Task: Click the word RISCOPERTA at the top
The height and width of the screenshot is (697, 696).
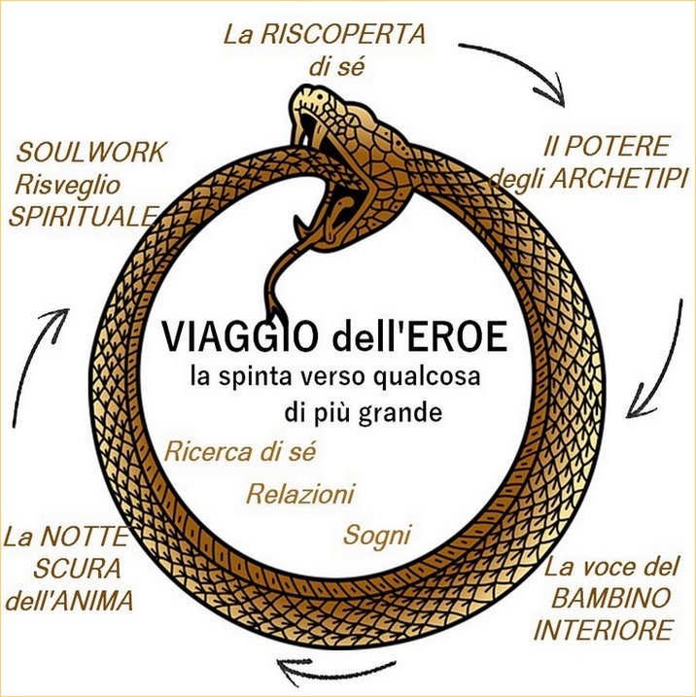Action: pos(343,35)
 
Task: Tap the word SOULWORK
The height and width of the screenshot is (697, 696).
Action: pos(90,152)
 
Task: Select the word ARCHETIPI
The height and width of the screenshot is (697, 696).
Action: pos(618,179)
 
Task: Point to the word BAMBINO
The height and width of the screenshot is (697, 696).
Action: pos(610,598)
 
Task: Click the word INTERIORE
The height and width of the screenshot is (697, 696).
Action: pos(603,630)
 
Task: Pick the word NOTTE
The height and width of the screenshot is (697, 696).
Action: pos(84,536)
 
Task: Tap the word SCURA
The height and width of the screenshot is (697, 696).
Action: pos(78,568)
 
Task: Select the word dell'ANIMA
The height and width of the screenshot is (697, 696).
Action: pos(69,601)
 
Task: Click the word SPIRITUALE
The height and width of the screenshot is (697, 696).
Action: pos(84,217)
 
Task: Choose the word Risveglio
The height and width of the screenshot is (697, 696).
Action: pos(67,186)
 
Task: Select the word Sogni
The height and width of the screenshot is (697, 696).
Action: pos(377,536)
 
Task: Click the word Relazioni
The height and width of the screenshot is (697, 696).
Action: pos(300,494)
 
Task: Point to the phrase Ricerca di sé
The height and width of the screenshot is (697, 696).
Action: pos(240,452)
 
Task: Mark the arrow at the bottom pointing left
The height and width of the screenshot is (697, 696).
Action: pos(336,670)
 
